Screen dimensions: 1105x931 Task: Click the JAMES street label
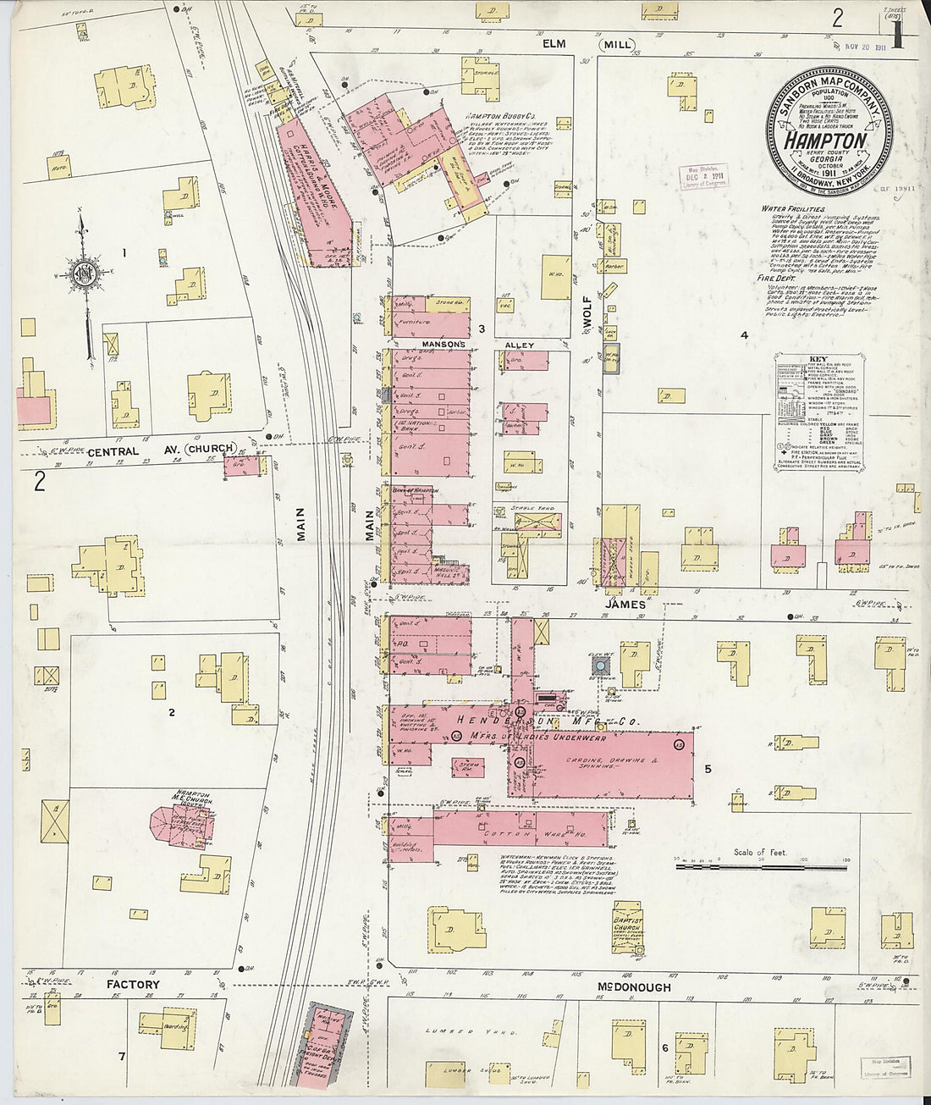tap(625, 605)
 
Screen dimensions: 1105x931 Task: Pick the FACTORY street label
tap(132, 985)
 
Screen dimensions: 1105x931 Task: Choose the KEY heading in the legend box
tap(818, 359)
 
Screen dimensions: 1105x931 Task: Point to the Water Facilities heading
tap(793, 207)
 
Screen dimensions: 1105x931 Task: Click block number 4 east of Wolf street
tap(744, 335)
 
